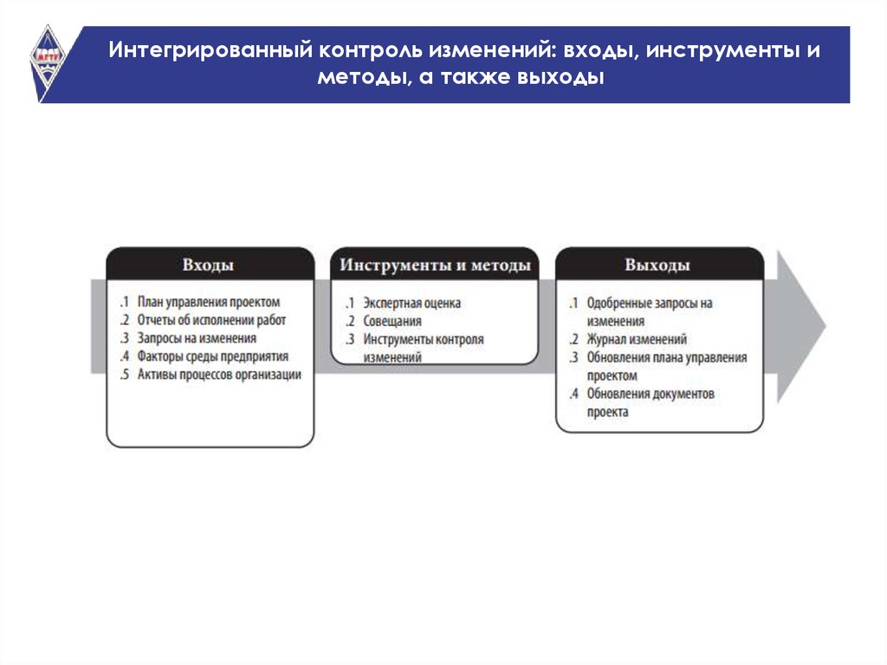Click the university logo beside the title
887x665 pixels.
coord(48,62)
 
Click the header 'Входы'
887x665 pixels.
coord(208,265)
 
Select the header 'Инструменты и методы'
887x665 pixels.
coord(435,265)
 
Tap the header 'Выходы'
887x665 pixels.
coord(657,265)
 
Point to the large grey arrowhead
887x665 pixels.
coord(800,326)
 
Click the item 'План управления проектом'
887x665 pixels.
coord(209,302)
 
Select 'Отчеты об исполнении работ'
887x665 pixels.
coord(211,320)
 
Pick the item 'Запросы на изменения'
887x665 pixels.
coord(197,338)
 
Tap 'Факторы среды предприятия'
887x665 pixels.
coord(213,356)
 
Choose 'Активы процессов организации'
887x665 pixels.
coord(219,375)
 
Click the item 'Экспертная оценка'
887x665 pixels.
coord(411,303)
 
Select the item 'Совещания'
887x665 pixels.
coord(392,321)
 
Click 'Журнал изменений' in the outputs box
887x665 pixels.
coord(637,339)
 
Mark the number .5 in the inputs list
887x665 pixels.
coord(125,375)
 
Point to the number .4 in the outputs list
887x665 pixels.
coord(574,394)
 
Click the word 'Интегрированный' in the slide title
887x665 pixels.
coord(210,49)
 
